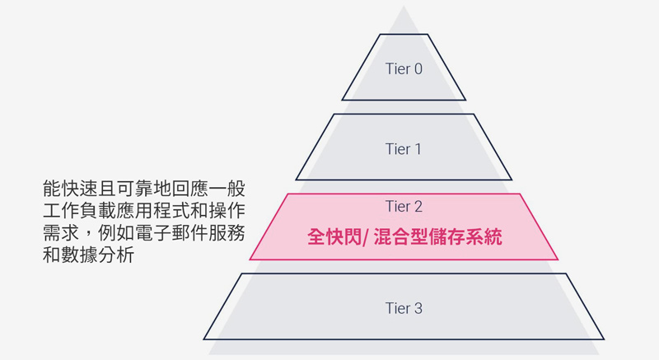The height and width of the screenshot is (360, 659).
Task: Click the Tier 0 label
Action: click(404, 69)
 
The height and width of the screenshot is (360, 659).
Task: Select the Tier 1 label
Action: click(404, 149)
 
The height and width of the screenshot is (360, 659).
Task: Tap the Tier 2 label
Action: click(404, 206)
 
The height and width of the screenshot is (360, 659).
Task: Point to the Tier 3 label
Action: click(404, 308)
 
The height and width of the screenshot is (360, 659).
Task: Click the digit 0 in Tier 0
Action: click(418, 69)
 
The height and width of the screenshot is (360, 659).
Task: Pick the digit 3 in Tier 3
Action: click(418, 308)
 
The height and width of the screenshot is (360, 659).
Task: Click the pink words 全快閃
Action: click(334, 237)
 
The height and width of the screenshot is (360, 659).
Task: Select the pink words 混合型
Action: click(400, 237)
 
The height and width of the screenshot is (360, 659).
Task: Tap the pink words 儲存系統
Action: click(465, 237)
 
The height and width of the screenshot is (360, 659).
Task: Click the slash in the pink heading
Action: click(366, 237)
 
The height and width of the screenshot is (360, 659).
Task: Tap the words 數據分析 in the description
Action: click(98, 255)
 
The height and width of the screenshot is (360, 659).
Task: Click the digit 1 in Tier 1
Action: click(417, 149)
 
